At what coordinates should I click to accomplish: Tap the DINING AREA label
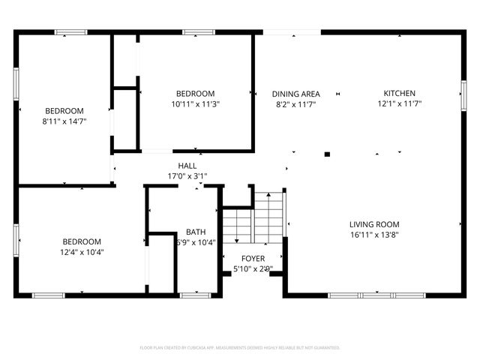(x=295, y=94)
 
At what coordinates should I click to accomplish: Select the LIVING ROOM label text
(x=374, y=224)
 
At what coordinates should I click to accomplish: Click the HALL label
(x=187, y=166)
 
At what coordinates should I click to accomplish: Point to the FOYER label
(x=253, y=258)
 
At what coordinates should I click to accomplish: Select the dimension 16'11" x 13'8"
(x=374, y=235)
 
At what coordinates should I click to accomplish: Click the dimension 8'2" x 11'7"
(x=295, y=104)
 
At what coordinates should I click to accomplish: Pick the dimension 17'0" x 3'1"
(x=187, y=176)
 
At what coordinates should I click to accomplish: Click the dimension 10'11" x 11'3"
(x=195, y=104)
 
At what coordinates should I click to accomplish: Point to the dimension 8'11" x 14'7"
(x=64, y=121)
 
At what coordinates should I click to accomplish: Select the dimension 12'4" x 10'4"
(x=82, y=252)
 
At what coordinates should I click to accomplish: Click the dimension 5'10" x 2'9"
(x=253, y=268)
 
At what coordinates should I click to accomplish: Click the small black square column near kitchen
(x=327, y=154)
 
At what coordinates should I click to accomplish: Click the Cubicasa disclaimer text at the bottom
(x=240, y=348)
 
